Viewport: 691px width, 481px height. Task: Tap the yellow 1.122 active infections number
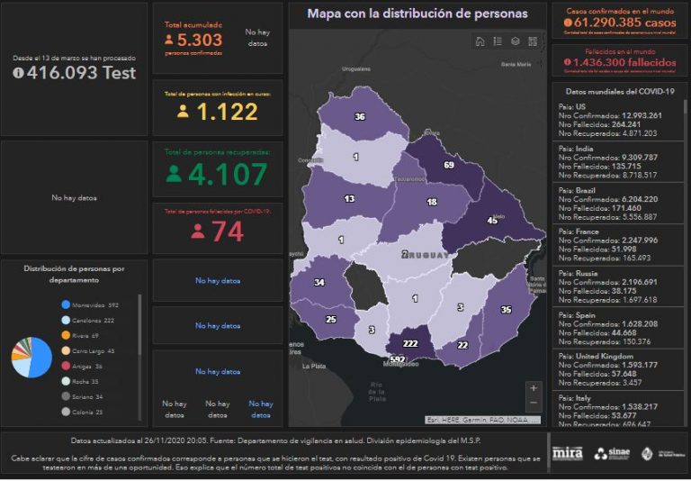pyautogui.click(x=227, y=112)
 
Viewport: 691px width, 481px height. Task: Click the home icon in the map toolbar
pyautogui.click(x=480, y=41)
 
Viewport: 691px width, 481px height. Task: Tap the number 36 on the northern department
pyautogui.click(x=360, y=116)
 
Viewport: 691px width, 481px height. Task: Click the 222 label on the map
pyautogui.click(x=411, y=344)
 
